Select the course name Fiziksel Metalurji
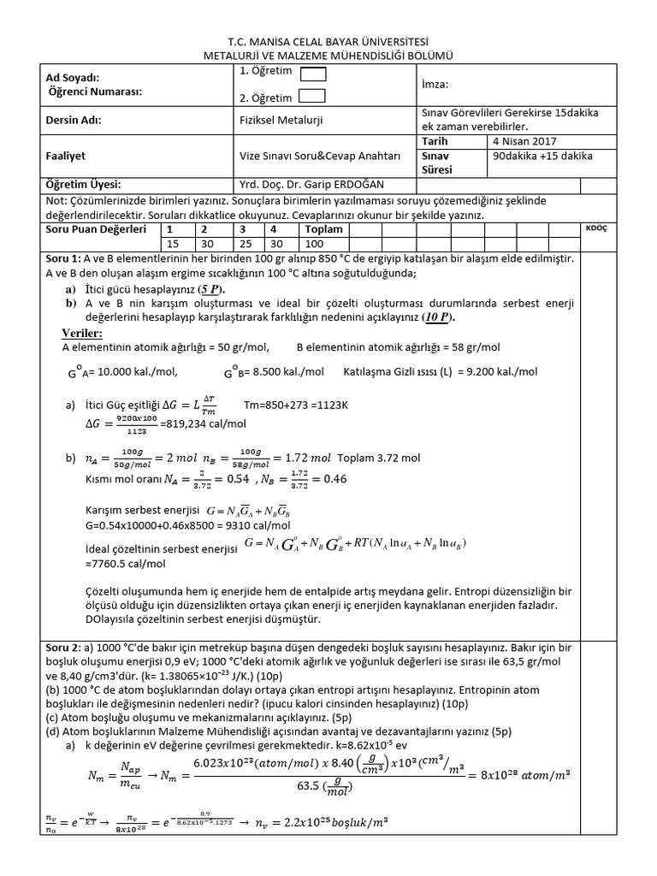[x=281, y=120]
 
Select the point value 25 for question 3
[x=244, y=244]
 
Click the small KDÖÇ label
[x=595, y=229]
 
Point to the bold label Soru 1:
[x=63, y=258]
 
